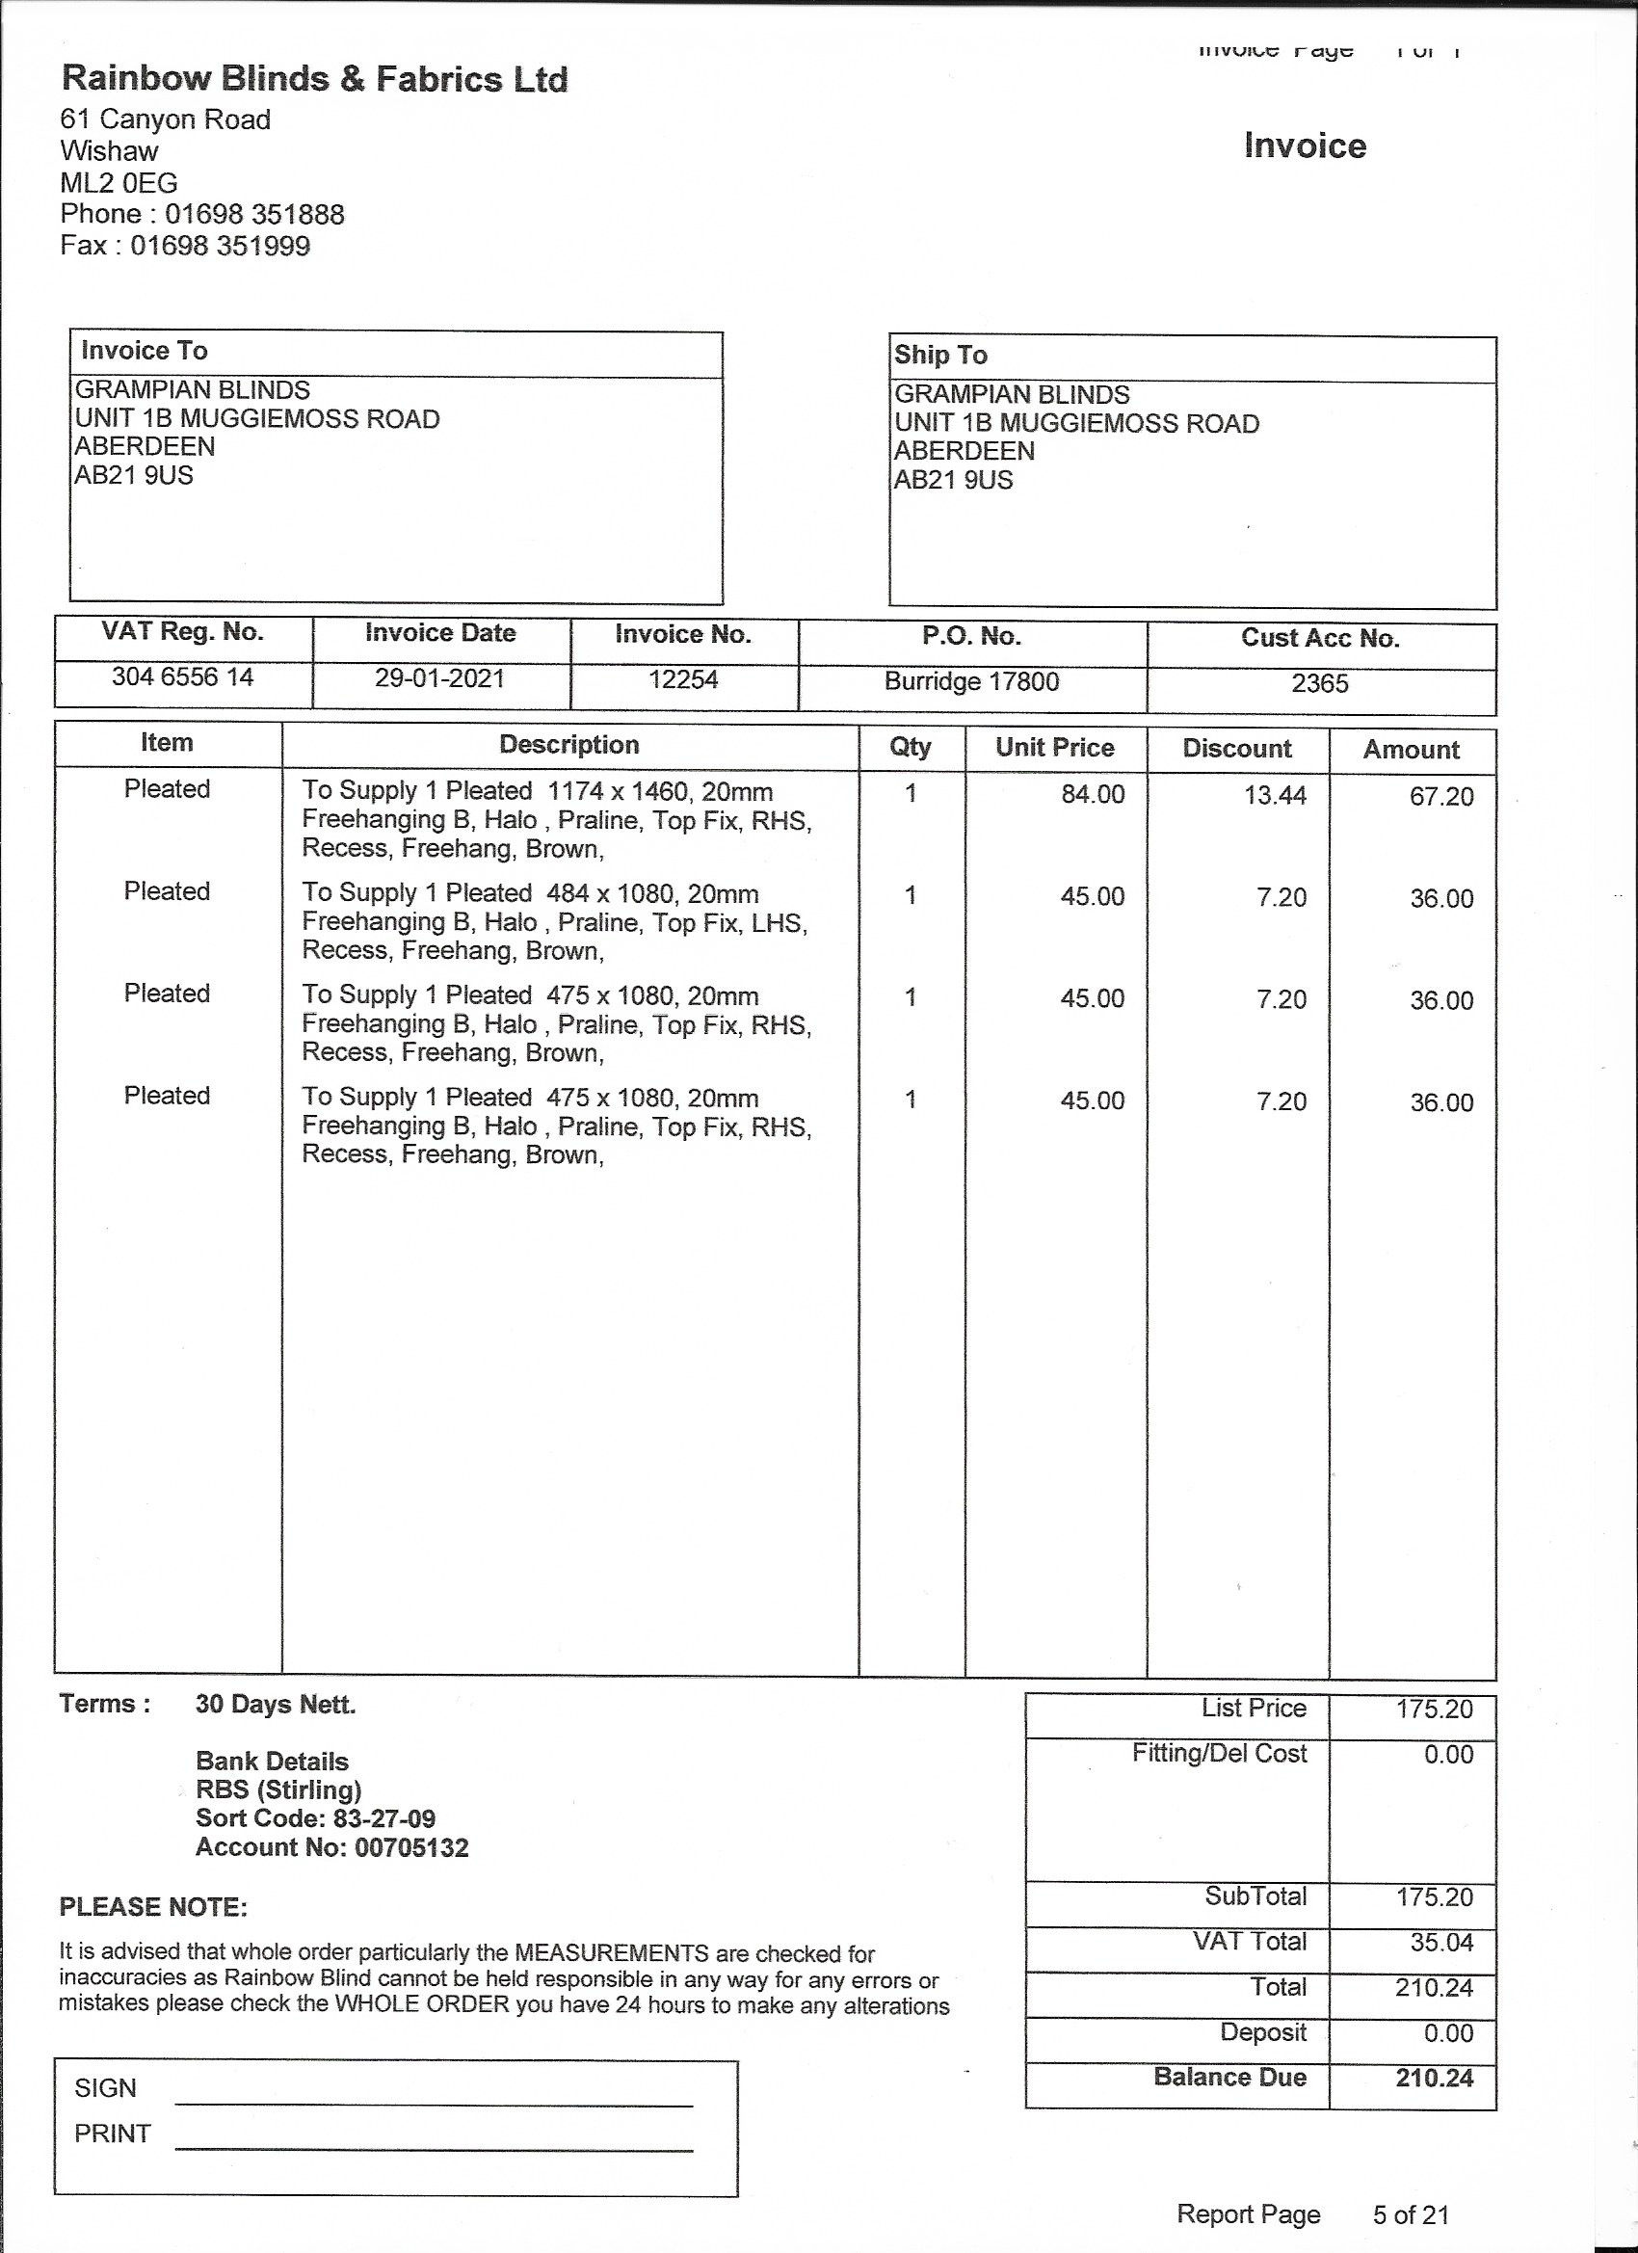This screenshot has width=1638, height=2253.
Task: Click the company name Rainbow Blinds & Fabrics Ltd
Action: coord(314,78)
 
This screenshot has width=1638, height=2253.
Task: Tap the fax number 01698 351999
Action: coord(221,246)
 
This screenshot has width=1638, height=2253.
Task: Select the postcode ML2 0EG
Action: coord(119,183)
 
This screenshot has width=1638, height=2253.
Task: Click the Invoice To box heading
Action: coord(144,351)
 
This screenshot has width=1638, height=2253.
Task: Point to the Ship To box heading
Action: coord(939,355)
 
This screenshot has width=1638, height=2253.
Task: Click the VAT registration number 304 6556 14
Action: coord(183,677)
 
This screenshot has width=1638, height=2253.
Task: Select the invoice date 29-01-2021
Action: coord(440,678)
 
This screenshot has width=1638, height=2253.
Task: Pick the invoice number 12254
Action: coord(683,680)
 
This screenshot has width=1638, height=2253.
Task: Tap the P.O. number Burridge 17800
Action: coord(971,681)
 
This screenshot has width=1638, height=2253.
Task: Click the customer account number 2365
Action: coord(1319,683)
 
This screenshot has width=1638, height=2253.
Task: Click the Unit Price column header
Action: coord(1055,748)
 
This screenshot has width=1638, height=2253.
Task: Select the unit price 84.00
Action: coord(1093,795)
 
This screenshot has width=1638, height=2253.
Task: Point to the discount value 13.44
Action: coord(1276,796)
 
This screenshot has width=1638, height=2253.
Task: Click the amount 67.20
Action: coord(1441,797)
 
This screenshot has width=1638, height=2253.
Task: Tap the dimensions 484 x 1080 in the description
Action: coord(602,893)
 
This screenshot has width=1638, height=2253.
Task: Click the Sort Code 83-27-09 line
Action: coord(316,1819)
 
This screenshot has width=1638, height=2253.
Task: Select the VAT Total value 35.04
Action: coord(1441,1942)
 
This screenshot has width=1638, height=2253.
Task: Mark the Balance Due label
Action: coord(1229,2078)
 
